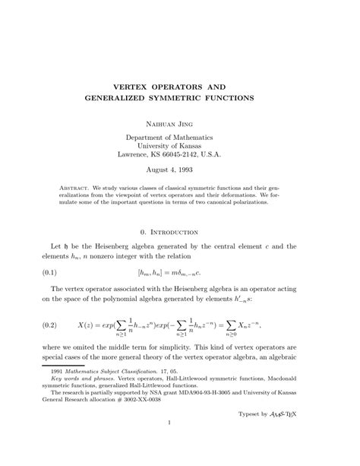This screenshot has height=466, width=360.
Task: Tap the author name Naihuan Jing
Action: (x=180, y=122)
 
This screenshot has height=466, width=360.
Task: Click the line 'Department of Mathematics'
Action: (x=179, y=138)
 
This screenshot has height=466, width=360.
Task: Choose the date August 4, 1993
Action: (x=179, y=171)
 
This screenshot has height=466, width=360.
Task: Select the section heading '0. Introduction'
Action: (x=179, y=232)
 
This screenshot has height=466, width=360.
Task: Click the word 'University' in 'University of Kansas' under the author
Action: (x=159, y=146)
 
